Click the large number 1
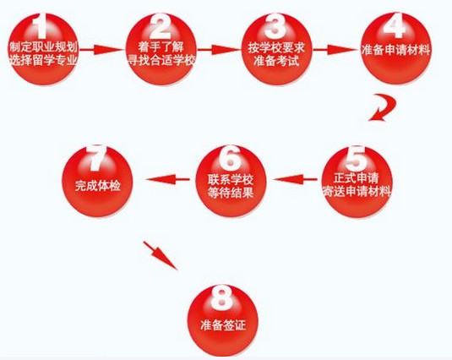tap(41, 26)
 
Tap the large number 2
tap(161, 26)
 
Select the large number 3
tap(275, 26)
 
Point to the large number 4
tap(394, 25)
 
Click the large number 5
tap(356, 158)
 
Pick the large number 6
tap(230, 158)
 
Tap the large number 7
tap(97, 158)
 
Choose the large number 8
tap(221, 297)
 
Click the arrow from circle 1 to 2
tap(101, 50)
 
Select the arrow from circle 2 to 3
tap(218, 50)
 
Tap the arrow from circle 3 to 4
tap(335, 50)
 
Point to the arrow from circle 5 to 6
tap(295, 179)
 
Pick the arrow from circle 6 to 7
tap(168, 179)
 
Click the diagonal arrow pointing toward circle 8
tap(161, 256)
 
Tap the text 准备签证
tap(223, 325)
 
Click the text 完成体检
tap(97, 186)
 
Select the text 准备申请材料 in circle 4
tap(395, 50)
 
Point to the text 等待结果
tap(231, 193)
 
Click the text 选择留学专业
tap(43, 60)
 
